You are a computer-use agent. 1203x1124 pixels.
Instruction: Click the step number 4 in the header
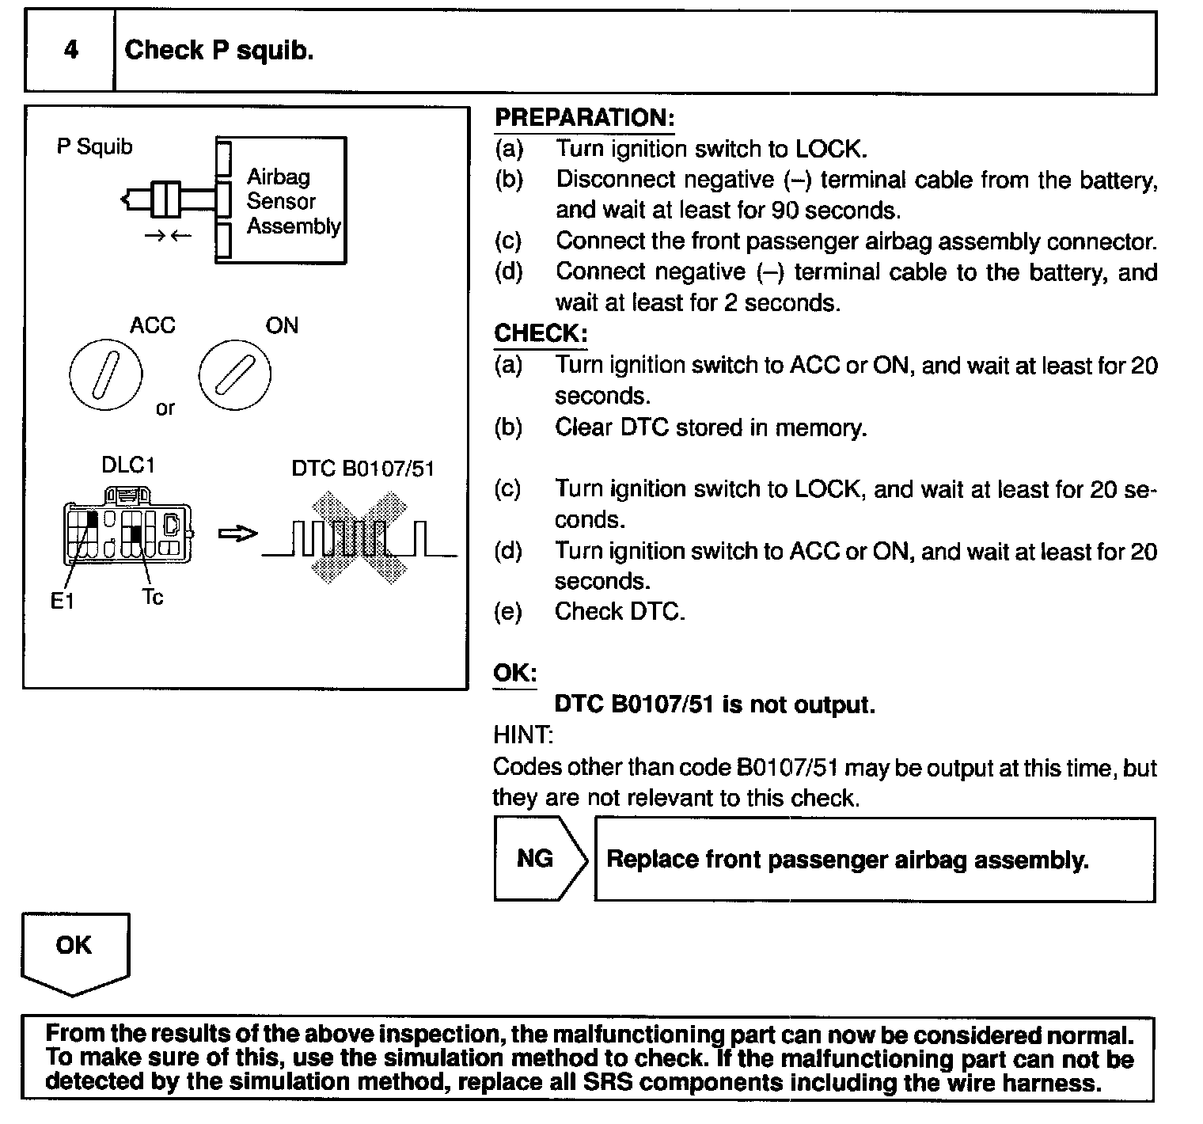tap(70, 51)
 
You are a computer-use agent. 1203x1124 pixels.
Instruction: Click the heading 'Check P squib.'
tap(219, 51)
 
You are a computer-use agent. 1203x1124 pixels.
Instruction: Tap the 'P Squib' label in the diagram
tap(94, 146)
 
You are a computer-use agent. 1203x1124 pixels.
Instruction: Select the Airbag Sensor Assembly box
tap(281, 200)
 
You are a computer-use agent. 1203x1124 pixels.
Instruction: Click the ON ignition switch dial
tap(234, 374)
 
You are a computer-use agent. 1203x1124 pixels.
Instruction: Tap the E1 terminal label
tap(62, 602)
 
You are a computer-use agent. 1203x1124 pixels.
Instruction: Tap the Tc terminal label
tap(152, 598)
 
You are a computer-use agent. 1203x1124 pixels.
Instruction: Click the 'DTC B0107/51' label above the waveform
tap(363, 469)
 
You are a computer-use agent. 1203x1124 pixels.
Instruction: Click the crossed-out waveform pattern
tap(360, 538)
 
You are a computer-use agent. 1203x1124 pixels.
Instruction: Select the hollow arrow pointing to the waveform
tap(237, 534)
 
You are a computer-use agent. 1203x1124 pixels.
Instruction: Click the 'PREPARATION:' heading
tap(584, 118)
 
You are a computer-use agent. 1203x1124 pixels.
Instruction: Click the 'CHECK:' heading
tap(541, 333)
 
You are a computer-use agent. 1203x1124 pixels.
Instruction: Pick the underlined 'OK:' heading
tap(514, 674)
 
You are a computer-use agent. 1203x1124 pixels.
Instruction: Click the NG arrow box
tap(538, 859)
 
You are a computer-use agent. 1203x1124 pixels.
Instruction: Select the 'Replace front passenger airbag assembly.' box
tap(874, 860)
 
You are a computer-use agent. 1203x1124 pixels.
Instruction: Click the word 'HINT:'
tap(523, 735)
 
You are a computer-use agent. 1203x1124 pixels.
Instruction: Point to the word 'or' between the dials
tap(165, 408)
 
